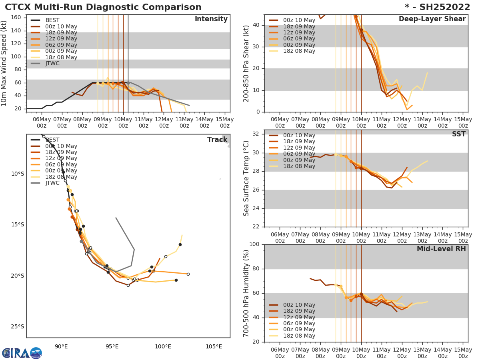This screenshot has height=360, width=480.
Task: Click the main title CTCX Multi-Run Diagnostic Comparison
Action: (103, 7)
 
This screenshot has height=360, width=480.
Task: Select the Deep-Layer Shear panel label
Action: (432, 19)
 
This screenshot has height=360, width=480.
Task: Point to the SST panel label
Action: (459, 134)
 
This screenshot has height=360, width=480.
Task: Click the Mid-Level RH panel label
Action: (441, 249)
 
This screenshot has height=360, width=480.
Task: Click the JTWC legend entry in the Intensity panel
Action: (52, 63)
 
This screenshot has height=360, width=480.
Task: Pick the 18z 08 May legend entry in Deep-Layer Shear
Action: (299, 51)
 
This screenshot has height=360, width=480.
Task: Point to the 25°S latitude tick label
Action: (17, 326)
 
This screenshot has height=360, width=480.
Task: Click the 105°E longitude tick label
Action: (214, 346)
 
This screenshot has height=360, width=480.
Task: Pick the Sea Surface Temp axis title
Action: (246, 178)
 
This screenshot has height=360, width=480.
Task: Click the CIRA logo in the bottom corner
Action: (22, 353)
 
